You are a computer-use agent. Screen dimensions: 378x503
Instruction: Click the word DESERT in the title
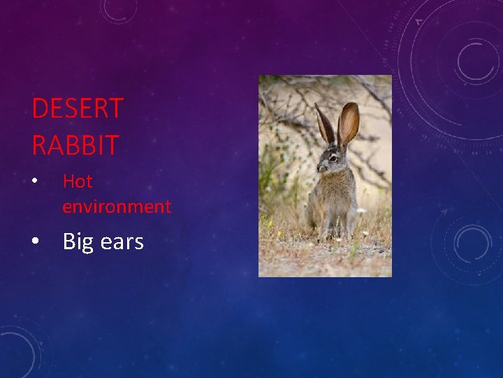78,109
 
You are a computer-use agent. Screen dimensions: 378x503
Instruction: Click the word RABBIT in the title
75,145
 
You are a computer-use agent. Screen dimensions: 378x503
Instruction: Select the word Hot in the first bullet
78,181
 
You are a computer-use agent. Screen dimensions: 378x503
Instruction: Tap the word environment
117,206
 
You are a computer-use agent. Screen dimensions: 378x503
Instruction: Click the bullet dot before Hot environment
35,182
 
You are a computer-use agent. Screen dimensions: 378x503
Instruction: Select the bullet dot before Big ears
35,242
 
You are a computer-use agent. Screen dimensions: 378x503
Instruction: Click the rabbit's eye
333,159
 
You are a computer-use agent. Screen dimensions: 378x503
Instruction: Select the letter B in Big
68,242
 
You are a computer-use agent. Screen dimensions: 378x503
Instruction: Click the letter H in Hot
68,181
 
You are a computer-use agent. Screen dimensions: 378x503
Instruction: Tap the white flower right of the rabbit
361,210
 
